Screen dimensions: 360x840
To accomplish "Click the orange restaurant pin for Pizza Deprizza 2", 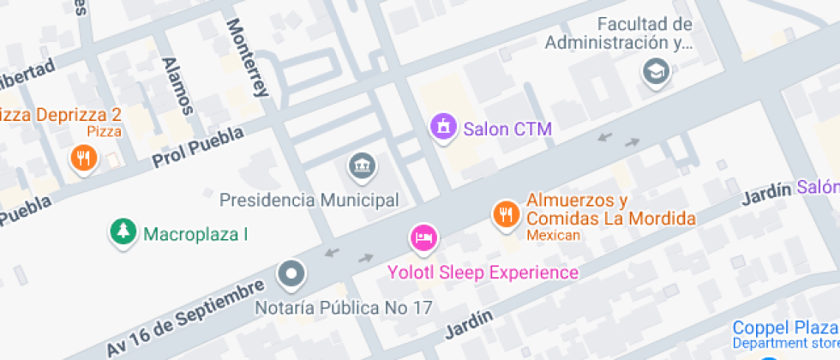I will pyautogui.click(x=83, y=158).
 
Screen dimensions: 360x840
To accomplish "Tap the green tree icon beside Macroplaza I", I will pyautogui.click(x=123, y=231).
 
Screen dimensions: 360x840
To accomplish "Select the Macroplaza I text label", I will pyautogui.click(x=196, y=234).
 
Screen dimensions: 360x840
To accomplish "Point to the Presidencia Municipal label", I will pyautogui.click(x=309, y=201).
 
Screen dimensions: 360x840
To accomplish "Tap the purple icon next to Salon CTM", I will pyautogui.click(x=443, y=129).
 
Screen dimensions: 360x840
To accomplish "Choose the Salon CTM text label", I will pyautogui.click(x=507, y=130).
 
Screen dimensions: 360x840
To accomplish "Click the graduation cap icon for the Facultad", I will pyautogui.click(x=657, y=72).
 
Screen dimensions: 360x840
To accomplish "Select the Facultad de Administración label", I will pyautogui.click(x=619, y=33).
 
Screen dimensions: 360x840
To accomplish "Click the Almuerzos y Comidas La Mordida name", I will pyautogui.click(x=610, y=209).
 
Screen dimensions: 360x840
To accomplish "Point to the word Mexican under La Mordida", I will pyautogui.click(x=553, y=235).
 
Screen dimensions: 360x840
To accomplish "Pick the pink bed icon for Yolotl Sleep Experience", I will pyautogui.click(x=423, y=237).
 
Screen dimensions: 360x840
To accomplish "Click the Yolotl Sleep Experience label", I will pyautogui.click(x=483, y=273).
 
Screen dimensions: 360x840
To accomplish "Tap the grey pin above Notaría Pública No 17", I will pyautogui.click(x=291, y=274).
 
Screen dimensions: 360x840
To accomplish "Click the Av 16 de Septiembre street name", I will pyautogui.click(x=183, y=319).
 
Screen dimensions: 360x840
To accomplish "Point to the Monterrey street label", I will pyautogui.click(x=248, y=58).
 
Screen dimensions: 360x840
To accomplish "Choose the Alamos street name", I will pyautogui.click(x=177, y=85).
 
